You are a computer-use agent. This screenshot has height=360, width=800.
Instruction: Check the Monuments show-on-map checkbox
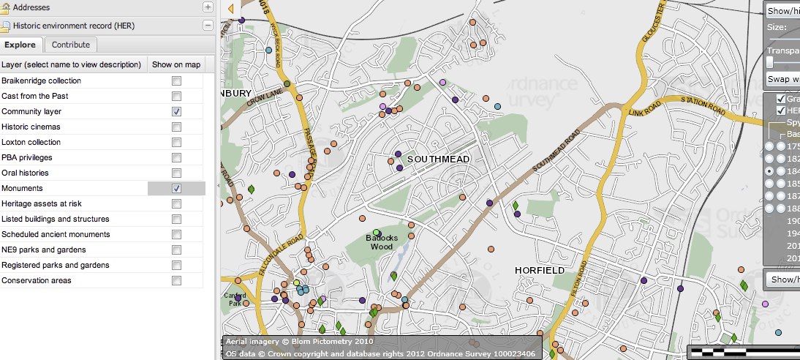(x=176, y=188)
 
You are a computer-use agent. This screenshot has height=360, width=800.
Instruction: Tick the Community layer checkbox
(x=176, y=111)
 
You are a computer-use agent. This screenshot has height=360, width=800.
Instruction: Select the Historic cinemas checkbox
(x=176, y=127)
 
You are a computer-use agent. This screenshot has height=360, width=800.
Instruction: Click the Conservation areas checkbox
(x=176, y=280)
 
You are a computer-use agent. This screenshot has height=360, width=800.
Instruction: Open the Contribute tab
(x=71, y=45)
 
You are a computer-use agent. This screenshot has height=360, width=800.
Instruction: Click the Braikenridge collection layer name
(x=42, y=80)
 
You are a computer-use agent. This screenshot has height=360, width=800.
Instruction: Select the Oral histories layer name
(x=25, y=173)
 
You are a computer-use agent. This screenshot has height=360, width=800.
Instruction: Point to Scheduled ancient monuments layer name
(x=56, y=234)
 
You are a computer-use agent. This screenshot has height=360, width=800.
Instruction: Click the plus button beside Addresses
(x=208, y=7)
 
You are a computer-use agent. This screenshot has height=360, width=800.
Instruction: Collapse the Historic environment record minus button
(x=208, y=26)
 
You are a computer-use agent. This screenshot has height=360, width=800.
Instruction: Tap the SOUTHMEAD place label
(x=438, y=159)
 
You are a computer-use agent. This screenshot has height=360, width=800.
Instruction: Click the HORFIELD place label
(x=539, y=270)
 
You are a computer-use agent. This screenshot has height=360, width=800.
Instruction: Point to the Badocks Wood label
(x=381, y=241)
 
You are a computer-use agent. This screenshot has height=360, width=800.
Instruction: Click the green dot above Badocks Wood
(x=376, y=233)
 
